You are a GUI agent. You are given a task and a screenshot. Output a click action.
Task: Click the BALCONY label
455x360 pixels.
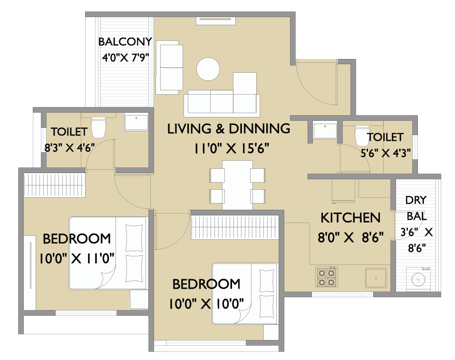tap(125, 42)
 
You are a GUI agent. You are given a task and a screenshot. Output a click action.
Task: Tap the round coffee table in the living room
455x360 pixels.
tap(208, 69)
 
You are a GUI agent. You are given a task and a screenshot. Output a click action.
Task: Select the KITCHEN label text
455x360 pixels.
tap(350, 218)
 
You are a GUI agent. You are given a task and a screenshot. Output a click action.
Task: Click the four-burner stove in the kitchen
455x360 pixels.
tap(327, 277)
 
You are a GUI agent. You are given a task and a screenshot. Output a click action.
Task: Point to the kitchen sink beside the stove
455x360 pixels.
tap(376, 278)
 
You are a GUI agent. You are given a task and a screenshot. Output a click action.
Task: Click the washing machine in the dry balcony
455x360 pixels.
tap(418, 279)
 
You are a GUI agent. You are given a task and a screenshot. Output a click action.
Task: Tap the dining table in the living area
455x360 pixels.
tap(237, 185)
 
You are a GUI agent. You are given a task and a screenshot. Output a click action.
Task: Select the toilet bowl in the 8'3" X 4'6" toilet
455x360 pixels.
tap(98, 127)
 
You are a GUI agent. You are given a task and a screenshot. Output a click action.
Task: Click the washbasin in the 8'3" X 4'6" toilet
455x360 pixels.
tap(136, 122)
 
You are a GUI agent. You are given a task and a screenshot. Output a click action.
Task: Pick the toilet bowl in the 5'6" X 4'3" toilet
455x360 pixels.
tap(361, 136)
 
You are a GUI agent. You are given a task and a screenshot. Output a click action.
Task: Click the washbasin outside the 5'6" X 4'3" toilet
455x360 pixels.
tap(325, 131)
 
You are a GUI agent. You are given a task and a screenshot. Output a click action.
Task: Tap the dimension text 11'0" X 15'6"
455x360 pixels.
tap(231, 148)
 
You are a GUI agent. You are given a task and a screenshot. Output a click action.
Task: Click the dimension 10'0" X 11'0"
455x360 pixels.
tap(77, 258)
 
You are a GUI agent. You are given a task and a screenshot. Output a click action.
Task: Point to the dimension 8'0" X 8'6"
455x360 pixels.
tap(350, 237)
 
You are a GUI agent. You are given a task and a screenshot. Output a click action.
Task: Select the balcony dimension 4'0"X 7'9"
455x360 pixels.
tap(126, 58)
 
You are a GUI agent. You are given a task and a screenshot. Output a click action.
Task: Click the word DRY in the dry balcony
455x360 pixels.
tap(416, 200)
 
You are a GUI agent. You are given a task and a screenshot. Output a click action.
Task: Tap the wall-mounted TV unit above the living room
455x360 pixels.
tap(215, 21)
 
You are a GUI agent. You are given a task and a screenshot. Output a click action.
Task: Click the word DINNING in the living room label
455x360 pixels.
tap(260, 128)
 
